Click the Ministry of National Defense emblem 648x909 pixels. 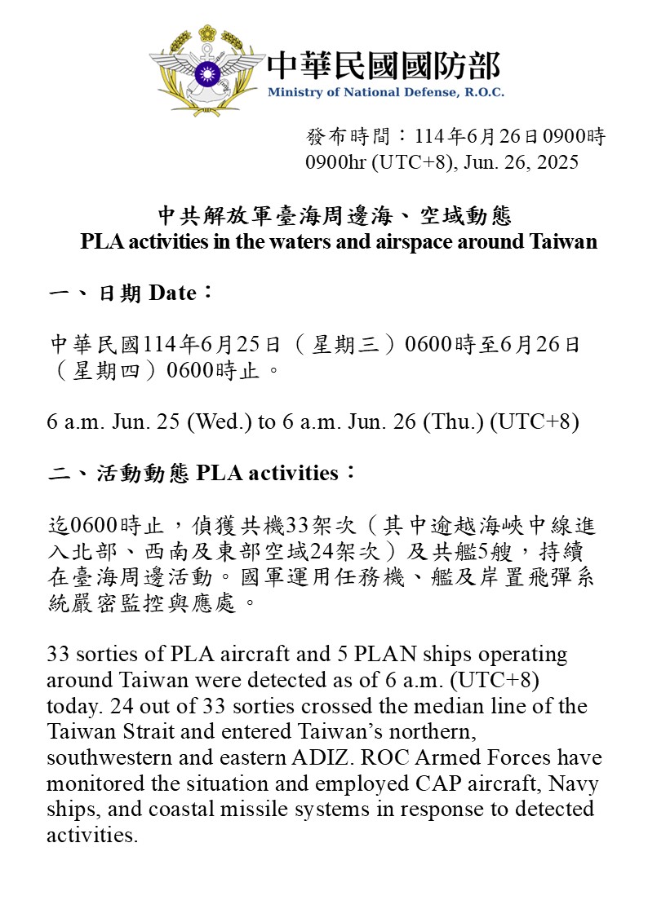point(206,72)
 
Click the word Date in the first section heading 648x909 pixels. point(172,293)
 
